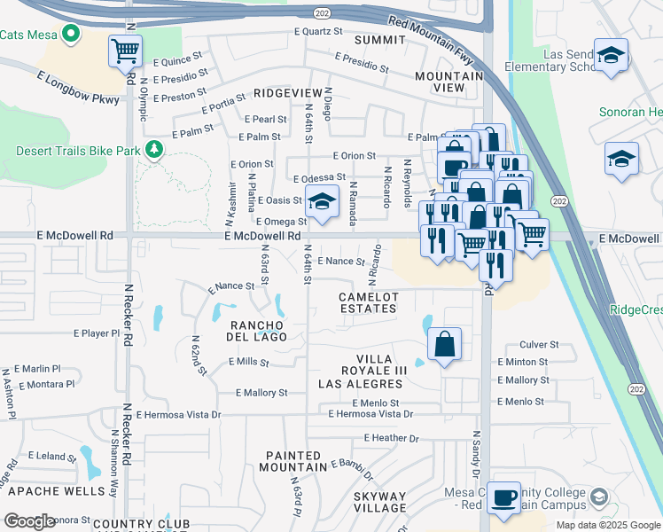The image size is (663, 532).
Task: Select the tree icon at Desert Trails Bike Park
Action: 155,148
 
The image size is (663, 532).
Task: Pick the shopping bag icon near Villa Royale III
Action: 444,344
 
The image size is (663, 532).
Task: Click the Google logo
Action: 29,521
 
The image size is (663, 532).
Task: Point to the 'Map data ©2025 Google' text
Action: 607,525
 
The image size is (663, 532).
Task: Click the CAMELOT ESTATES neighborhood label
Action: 368,302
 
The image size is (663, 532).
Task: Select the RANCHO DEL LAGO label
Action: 259,330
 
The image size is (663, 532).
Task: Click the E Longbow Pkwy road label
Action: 78,90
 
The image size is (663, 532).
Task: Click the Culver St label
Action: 538,344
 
